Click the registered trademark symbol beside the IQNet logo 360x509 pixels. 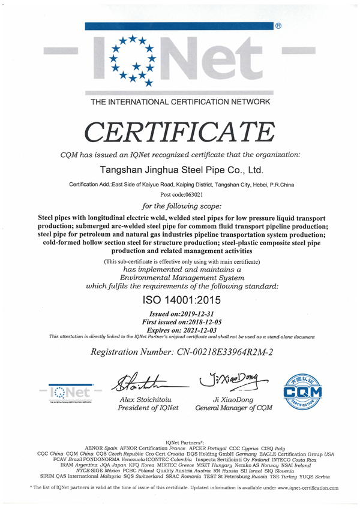(278, 27)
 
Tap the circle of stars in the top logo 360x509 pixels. (131, 58)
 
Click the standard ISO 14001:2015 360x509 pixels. (179, 300)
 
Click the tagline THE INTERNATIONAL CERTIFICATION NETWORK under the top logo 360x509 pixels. (180, 103)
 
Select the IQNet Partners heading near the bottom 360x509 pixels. (180, 441)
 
